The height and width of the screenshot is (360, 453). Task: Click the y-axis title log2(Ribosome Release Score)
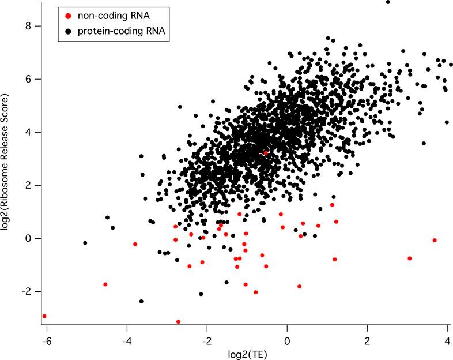coord(7,172)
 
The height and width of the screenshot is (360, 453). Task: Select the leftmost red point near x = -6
coord(44,316)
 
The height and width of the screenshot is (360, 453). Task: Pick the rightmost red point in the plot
coord(435,240)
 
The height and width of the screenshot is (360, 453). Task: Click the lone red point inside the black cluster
coord(266,153)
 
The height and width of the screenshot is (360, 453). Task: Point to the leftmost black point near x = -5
coord(85,243)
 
